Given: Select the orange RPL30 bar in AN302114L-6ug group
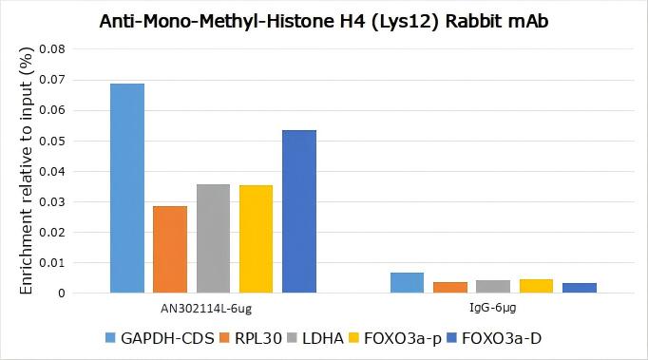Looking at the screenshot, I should pos(170,249).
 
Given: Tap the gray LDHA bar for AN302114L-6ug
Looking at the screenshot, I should pos(214,238).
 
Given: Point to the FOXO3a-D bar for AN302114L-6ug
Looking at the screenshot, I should pos(299,211).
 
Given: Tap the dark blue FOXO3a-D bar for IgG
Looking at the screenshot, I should pos(580,288).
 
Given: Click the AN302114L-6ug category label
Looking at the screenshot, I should pos(214,309).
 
